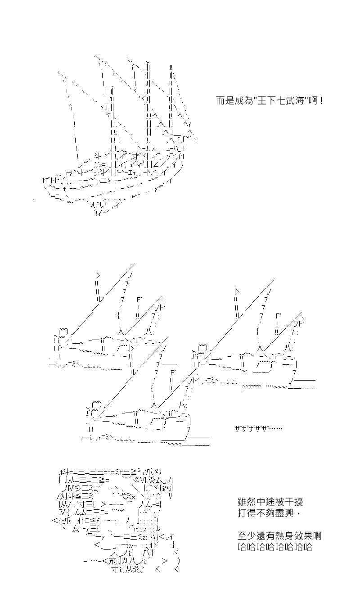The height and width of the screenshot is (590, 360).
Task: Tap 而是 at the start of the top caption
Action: click(x=225, y=101)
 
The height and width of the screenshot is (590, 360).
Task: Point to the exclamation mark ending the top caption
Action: click(x=322, y=101)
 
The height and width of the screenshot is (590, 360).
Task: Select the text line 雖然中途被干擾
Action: click(x=270, y=502)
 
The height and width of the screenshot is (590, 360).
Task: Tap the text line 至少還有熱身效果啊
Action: click(x=279, y=536)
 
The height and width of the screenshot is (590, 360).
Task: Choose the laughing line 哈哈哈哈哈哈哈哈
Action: click(x=275, y=547)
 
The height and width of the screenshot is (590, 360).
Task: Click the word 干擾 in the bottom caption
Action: click(x=294, y=502)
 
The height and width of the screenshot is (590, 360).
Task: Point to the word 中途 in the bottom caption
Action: click(x=265, y=502)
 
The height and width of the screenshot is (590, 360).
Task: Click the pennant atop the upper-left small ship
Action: click(x=98, y=275)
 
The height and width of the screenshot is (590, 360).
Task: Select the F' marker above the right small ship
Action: click(x=279, y=316)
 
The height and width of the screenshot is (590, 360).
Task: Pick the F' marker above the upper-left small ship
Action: click(x=139, y=300)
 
